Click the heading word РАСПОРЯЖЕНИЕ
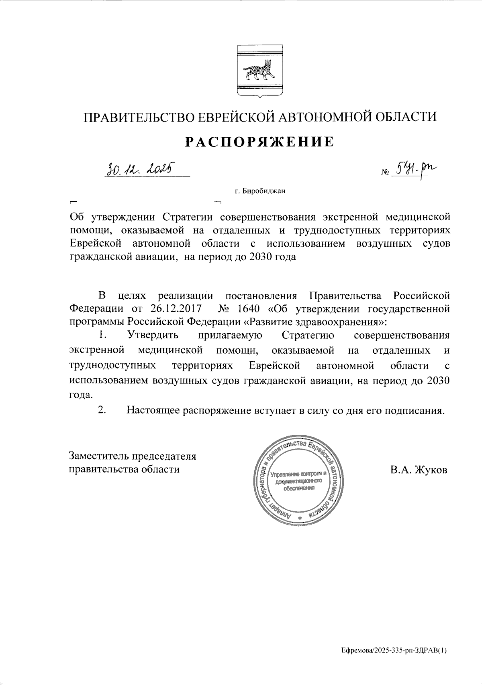click(259, 142)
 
